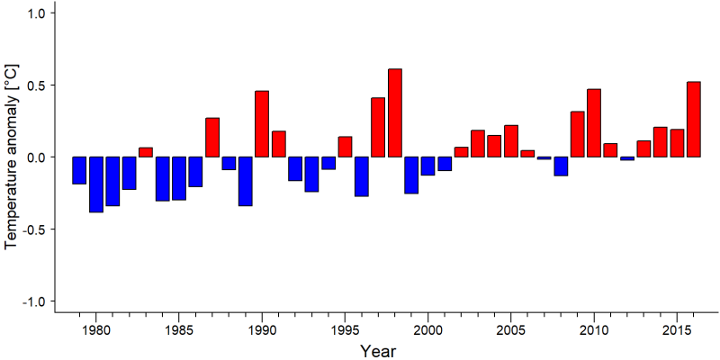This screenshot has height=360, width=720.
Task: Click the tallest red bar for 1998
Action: point(395,113)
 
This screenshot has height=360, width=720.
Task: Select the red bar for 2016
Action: point(694,120)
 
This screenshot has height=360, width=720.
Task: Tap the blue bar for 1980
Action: point(96,184)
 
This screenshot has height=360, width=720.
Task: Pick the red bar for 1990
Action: point(262,124)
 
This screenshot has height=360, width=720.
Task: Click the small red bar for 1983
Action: point(146,152)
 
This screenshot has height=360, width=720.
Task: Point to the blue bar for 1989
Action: point(245,182)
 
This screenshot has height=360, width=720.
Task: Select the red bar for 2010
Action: point(594,123)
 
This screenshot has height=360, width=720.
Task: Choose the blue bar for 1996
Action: point(362,176)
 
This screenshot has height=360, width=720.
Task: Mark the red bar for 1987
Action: point(212,138)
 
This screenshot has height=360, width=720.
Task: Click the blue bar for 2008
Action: point(561,166)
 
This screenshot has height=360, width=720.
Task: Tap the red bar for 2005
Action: point(511,141)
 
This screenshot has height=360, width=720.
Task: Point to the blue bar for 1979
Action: point(79,170)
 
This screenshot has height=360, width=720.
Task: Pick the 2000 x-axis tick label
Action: point(427,330)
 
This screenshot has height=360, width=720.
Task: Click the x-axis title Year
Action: point(377,351)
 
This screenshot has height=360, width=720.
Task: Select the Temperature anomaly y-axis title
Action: point(13,157)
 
